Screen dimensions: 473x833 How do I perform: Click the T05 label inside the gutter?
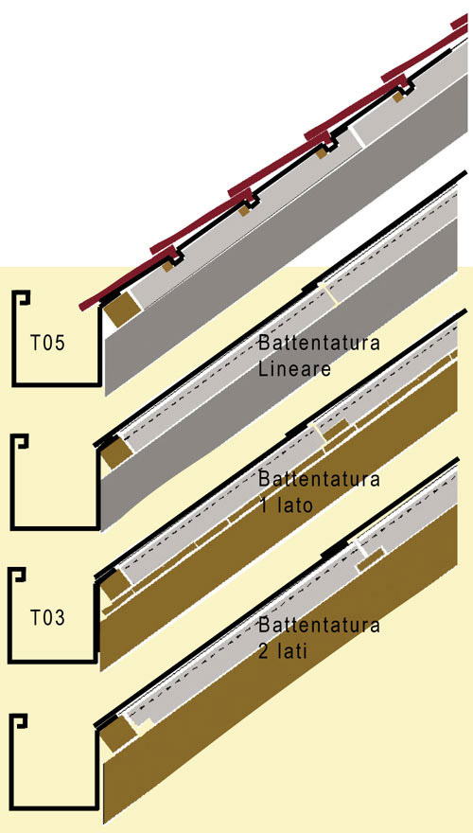coord(47,344)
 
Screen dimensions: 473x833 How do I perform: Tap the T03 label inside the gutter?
coord(47,618)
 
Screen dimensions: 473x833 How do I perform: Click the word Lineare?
coord(294,368)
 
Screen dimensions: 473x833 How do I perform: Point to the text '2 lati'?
coord(283,651)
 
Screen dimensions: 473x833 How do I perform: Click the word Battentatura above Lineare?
coord(319,343)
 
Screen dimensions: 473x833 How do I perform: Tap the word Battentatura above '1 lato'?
coord(319,479)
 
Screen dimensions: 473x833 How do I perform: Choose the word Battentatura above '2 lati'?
coord(319,626)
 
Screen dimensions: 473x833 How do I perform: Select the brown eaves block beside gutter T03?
coord(116,585)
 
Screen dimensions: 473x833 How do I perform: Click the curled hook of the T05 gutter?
coord(23,297)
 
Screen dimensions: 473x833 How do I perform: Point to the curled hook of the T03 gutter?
coord(18,575)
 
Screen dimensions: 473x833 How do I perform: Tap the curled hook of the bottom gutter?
coord(20,722)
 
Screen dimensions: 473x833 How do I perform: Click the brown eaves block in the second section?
coord(118,453)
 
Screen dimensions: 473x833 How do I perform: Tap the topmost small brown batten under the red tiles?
coord(398,97)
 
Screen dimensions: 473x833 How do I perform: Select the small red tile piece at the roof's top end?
coord(460,21)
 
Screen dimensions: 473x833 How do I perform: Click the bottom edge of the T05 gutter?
coord(57,383)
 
